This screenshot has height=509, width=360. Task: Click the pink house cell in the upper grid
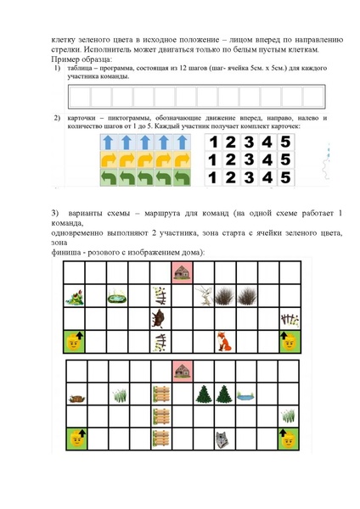click(183, 271)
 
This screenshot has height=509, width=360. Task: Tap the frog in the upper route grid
click(76, 296)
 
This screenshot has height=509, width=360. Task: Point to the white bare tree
click(205, 295)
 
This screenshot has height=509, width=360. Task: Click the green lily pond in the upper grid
click(118, 295)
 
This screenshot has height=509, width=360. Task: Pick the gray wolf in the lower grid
click(223, 439)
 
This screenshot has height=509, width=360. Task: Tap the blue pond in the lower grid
click(246, 394)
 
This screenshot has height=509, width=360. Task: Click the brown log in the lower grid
click(76, 395)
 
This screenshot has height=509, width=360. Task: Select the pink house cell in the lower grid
click(183, 371)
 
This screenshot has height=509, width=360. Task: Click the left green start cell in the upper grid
click(76, 342)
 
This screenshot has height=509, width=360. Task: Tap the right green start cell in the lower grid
click(288, 439)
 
